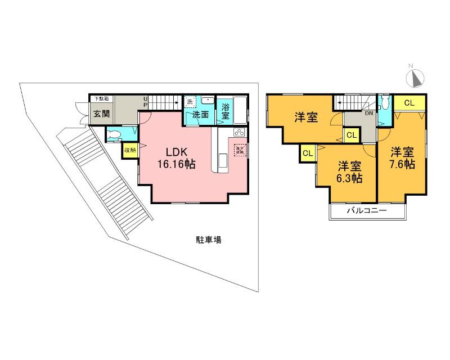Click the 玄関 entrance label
pos(102,113)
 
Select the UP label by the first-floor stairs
pos(145,102)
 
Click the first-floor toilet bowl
pos(115,134)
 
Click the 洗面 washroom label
pos(201,114)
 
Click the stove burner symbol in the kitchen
pos(238,133)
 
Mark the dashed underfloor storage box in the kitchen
pos(240,150)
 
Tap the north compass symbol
pos(417,79)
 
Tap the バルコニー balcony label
pos(366,211)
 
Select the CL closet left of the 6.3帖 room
pos(308,154)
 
